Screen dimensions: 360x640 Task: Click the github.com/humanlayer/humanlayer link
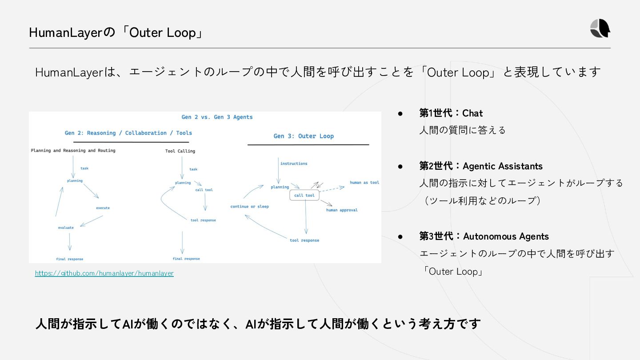click(104, 273)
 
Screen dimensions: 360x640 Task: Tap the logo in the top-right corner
click(600, 29)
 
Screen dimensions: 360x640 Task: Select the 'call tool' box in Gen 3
click(304, 196)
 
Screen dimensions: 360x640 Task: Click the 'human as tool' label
click(364, 183)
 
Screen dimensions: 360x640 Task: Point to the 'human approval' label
click(342, 210)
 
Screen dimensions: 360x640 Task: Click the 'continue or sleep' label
click(249, 207)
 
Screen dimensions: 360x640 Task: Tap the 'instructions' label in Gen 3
click(294, 164)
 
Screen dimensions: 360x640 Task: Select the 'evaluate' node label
click(66, 228)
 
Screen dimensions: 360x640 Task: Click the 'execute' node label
click(103, 208)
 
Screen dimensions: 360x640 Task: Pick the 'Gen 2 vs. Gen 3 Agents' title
click(217, 117)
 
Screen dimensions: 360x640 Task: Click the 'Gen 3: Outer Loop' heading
click(304, 136)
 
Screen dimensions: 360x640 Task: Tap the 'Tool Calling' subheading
click(180, 151)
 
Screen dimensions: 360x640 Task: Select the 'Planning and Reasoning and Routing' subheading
click(73, 151)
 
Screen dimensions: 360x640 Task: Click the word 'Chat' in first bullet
click(472, 113)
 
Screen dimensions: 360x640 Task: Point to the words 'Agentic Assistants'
click(503, 166)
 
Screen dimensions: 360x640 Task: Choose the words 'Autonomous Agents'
click(506, 236)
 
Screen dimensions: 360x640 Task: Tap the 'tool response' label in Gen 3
click(304, 240)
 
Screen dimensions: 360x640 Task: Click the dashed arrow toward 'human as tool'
click(332, 189)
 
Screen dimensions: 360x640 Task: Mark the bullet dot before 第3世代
click(400, 236)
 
